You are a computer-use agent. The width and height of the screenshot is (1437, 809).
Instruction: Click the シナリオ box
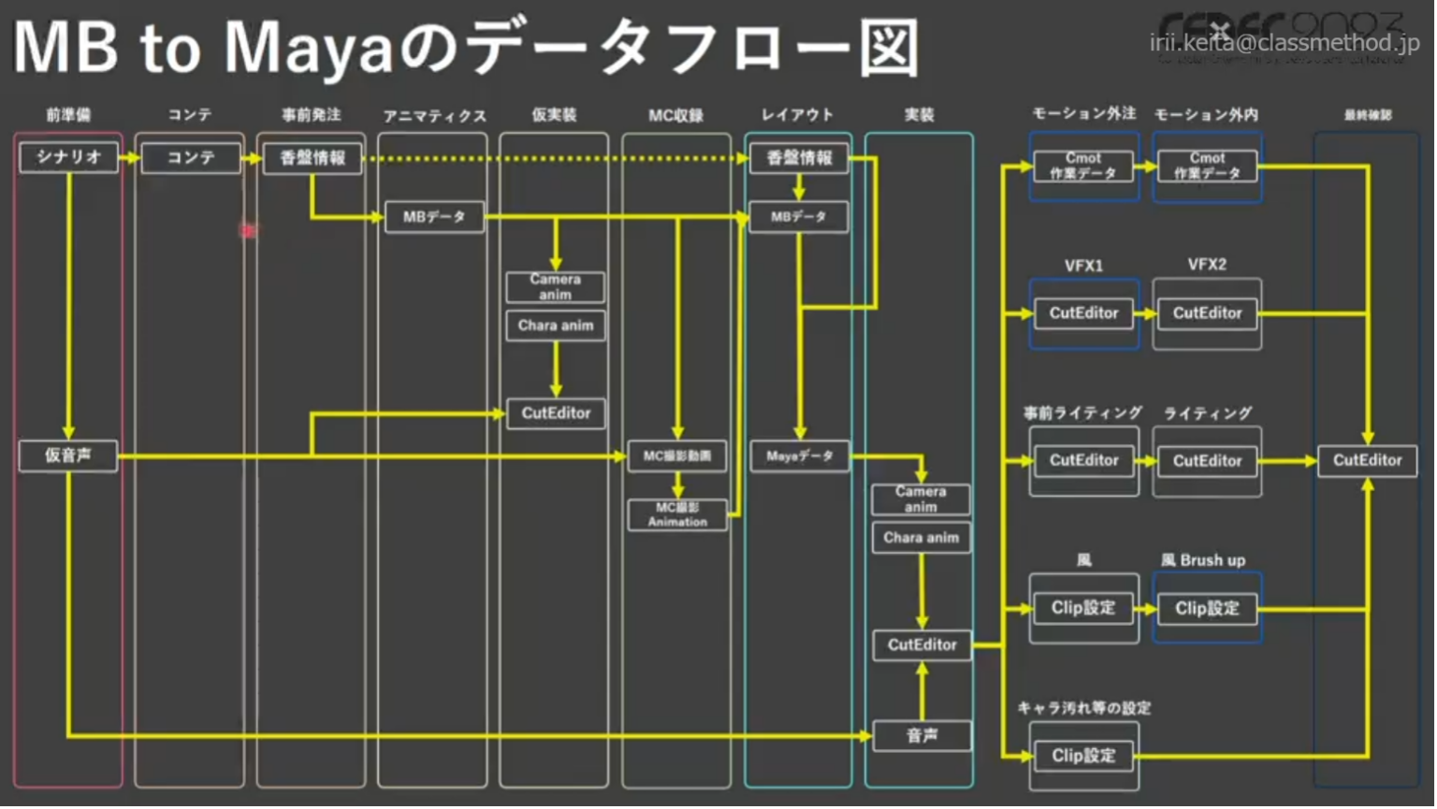pos(68,157)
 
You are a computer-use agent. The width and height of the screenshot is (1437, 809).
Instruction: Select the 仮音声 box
pos(68,456)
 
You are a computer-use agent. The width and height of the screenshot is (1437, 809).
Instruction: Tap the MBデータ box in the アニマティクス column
pos(434,217)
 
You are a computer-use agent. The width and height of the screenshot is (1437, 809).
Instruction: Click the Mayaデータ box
pos(800,456)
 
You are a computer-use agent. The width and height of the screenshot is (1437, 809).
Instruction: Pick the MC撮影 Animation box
pos(677,514)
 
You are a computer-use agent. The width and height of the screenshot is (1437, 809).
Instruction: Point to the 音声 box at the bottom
pos(922,736)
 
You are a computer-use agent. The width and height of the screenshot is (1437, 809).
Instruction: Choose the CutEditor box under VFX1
pos(1083,313)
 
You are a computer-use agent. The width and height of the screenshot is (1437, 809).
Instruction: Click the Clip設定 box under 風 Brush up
pos(1207,609)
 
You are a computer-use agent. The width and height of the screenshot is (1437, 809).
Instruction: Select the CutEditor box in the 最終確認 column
pos(1367,460)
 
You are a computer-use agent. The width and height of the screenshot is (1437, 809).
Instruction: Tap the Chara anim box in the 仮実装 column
pos(556,325)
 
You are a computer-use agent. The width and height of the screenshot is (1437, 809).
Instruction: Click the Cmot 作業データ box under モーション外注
pos(1083,166)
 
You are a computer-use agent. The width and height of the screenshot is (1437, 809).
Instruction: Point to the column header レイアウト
pos(797,115)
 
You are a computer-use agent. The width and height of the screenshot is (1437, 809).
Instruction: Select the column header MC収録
pos(675,116)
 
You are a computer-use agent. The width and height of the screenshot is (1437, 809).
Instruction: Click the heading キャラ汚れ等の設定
pos(1083,708)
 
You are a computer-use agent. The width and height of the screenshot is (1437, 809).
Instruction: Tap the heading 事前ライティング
pos(1082,412)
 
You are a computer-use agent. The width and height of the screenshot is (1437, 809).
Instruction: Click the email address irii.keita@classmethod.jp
pos(1285,43)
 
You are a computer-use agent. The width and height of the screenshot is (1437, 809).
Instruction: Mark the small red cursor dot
pos(248,230)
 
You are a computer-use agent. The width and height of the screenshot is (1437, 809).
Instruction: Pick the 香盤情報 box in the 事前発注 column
pos(312,158)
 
